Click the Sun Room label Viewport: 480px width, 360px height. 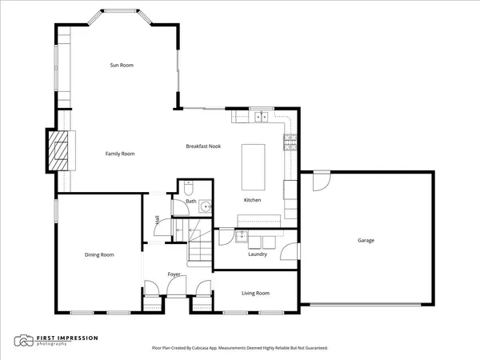121,65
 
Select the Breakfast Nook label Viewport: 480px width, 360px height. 203,146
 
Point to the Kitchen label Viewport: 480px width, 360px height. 253,200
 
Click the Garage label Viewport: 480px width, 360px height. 366,240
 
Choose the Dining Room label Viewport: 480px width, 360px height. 99,255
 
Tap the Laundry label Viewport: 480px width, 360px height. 258,254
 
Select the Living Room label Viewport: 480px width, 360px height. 255,294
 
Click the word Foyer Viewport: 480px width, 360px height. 174,274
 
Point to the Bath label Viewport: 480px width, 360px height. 190,202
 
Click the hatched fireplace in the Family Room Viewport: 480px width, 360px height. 58,150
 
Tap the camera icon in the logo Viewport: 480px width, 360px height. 23,342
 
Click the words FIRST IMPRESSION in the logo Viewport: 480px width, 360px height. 67,338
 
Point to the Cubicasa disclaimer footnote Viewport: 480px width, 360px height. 240,348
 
